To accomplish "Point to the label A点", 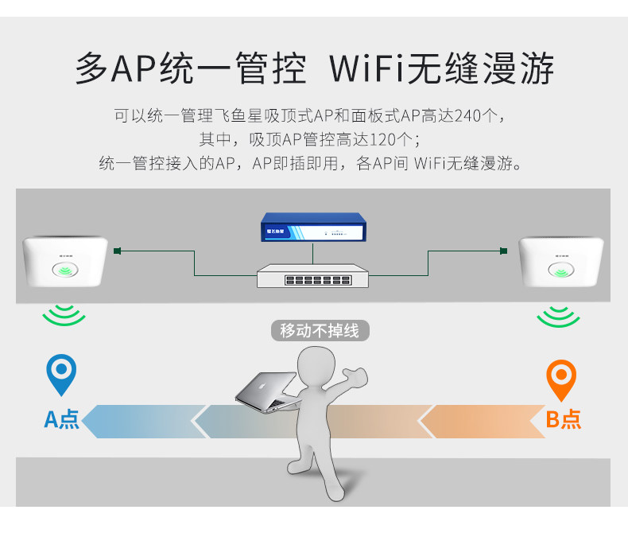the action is (x=61, y=419).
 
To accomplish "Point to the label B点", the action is (x=563, y=419).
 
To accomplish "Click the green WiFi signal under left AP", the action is (x=64, y=317).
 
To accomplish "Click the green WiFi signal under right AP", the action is (x=557, y=317).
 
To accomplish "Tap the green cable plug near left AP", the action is (x=118, y=251).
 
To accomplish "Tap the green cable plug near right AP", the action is (x=503, y=251).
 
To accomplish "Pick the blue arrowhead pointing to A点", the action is (x=94, y=421).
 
